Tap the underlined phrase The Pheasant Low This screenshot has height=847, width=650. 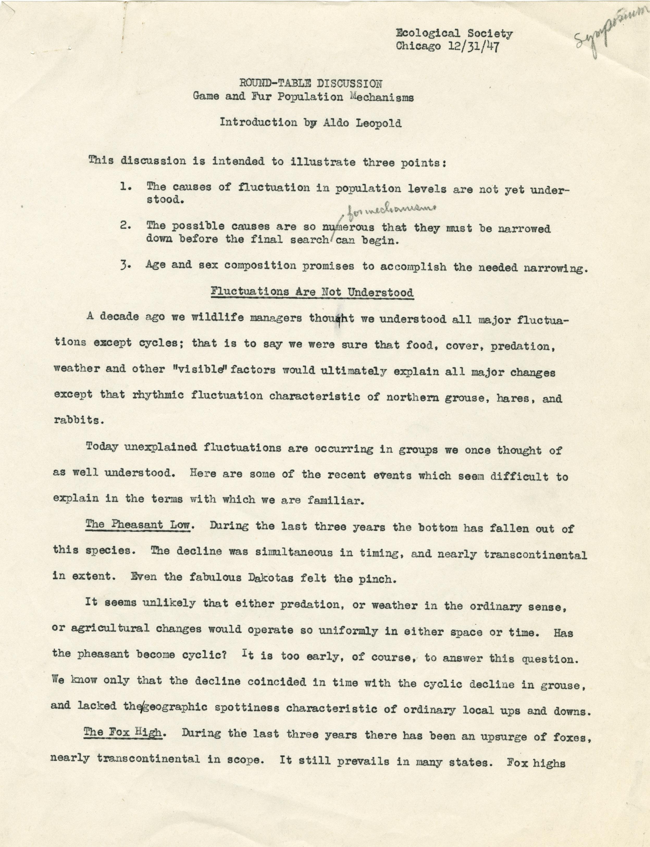pyautogui.click(x=138, y=525)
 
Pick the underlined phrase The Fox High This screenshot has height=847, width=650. pyautogui.click(x=122, y=732)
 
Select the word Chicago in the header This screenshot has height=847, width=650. pyautogui.click(x=418, y=46)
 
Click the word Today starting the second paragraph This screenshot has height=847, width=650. pyautogui.click(x=101, y=446)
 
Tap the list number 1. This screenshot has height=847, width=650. pyautogui.click(x=125, y=186)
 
